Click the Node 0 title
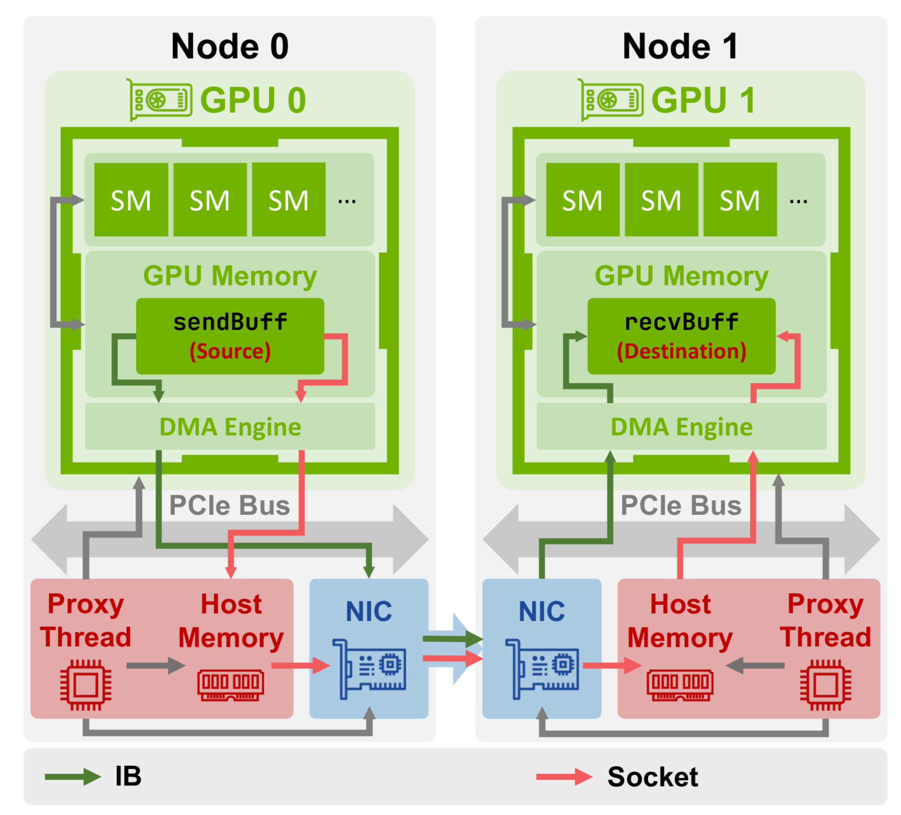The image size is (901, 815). tap(230, 46)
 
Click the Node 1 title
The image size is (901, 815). tap(680, 46)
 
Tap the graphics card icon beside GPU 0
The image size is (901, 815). tap(160, 100)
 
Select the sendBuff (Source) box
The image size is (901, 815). tap(230, 336)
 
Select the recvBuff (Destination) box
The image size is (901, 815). tap(681, 336)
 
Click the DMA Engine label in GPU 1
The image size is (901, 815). tap(681, 427)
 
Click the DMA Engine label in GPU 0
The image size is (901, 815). tap(230, 427)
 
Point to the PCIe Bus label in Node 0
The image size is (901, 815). tap(229, 505)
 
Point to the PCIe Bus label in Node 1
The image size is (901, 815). tap(681, 505)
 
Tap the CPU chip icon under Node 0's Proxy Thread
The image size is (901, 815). tap(86, 684)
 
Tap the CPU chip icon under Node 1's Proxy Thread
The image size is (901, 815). tap(825, 684)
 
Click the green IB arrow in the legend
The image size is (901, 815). tap(73, 777)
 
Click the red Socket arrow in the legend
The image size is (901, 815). tap(564, 777)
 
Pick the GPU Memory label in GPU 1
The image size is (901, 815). tap(681, 276)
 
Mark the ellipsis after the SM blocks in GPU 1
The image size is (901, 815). tap(798, 202)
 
